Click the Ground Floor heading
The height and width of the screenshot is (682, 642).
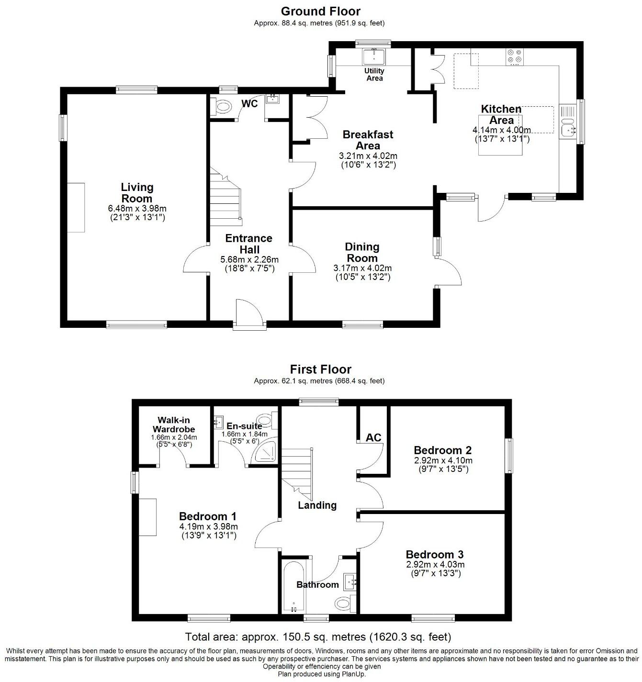coord(320,11)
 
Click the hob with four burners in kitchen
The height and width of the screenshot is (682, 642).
coord(515,56)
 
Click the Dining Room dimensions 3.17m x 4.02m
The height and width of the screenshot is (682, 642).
coord(362,268)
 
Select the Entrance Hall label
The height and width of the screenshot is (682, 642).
coord(249,244)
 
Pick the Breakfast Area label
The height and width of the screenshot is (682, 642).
coord(368,140)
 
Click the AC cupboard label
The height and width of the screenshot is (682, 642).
coord(373,437)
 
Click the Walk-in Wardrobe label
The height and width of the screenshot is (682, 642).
coord(174,425)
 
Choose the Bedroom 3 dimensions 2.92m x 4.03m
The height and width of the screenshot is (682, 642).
coord(435,564)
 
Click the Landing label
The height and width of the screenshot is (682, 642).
coord(317,505)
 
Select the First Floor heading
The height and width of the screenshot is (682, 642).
coord(320,369)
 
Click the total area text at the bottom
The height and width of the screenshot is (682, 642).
coord(318,637)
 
